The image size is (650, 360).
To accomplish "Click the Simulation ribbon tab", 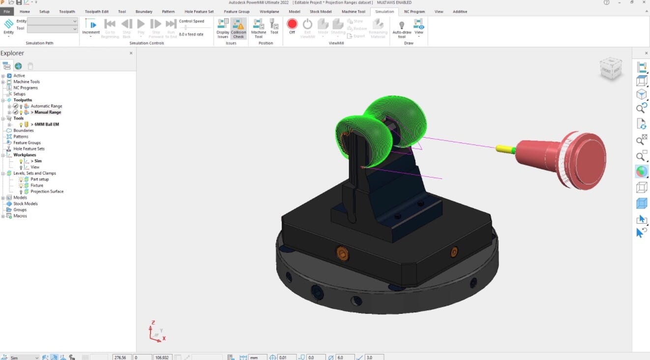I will click(384, 11).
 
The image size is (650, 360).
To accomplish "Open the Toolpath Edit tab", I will click(96, 11).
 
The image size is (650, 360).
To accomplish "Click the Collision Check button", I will click(238, 29).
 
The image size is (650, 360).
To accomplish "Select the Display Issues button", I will click(223, 29).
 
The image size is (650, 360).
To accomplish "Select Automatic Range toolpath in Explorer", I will click(46, 106).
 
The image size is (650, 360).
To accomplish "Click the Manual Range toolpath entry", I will click(47, 112).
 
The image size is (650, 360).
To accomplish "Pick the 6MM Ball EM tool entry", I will click(46, 124).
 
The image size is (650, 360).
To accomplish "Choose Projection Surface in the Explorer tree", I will click(47, 191).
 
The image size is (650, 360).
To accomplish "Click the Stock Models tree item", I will click(25, 204).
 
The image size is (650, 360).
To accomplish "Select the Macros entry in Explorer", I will click(20, 216).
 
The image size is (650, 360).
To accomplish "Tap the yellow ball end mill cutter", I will click(503, 148).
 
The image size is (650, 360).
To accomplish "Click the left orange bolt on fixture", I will click(342, 254).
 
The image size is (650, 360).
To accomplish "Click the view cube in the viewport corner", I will click(611, 69).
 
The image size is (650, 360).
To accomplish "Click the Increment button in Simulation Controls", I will click(91, 27).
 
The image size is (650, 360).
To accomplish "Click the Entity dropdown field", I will click(53, 21).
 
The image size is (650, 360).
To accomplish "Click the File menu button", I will click(7, 11).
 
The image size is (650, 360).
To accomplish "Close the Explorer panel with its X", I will click(131, 53).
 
